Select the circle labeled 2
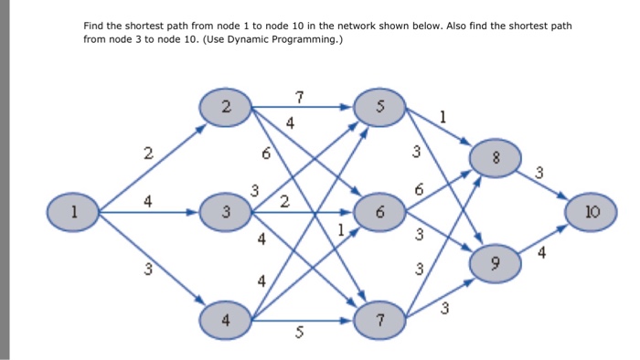[226, 107]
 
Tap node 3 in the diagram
[226, 213]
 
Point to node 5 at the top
[378, 107]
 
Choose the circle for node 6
[378, 213]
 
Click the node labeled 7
[378, 320]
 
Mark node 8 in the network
[495, 159]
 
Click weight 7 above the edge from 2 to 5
[299, 96]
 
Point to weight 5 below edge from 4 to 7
[298, 335]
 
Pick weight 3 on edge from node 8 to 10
[539, 172]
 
